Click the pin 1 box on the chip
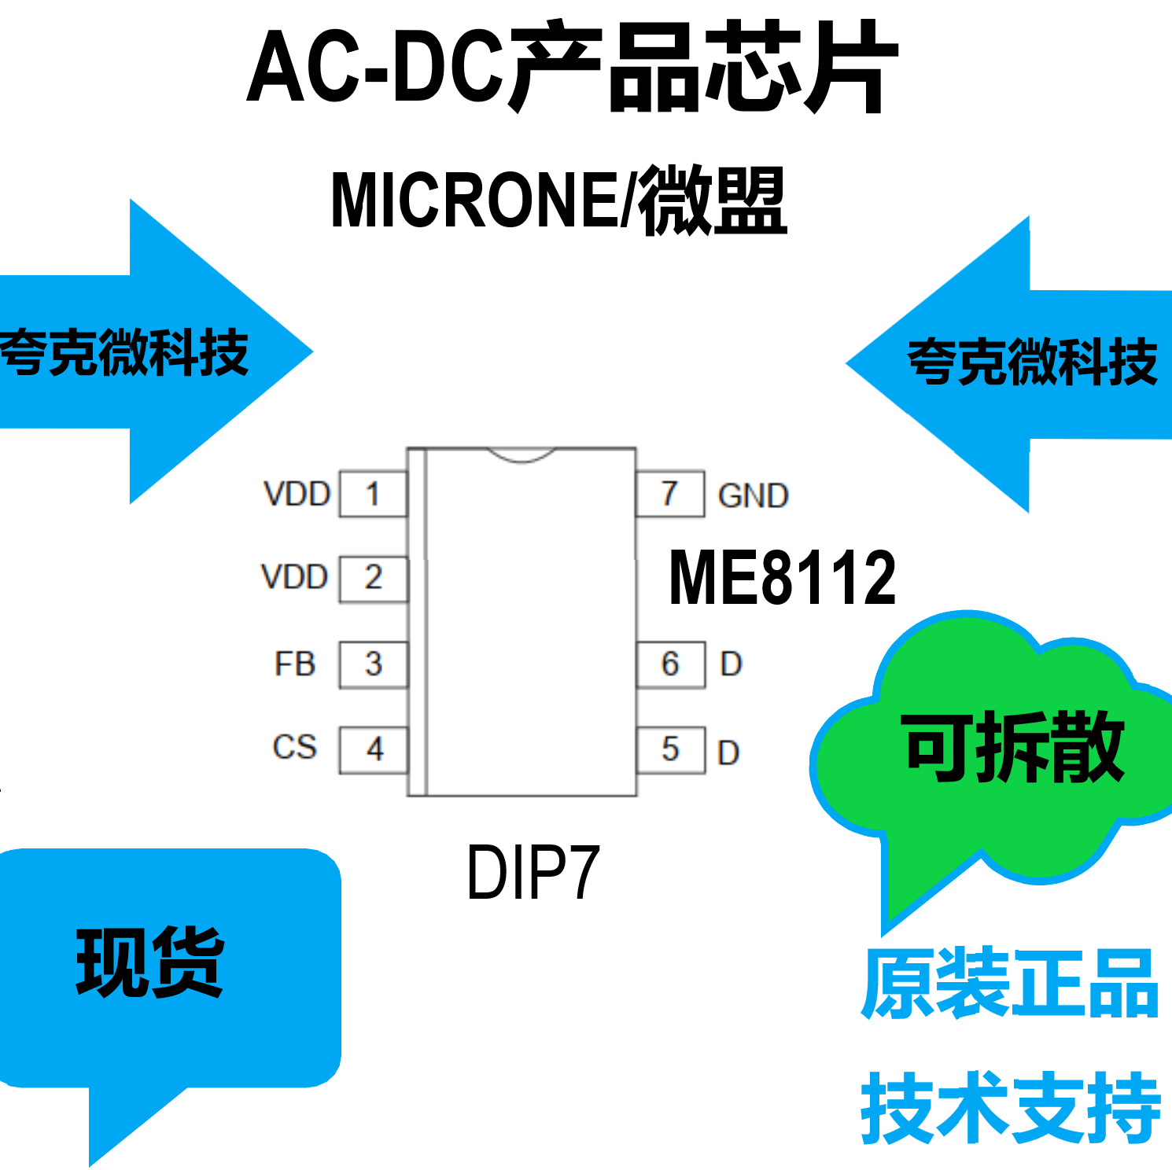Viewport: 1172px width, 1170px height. click(x=373, y=495)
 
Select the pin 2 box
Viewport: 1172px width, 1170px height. click(x=373, y=579)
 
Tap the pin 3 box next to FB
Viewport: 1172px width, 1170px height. click(x=373, y=664)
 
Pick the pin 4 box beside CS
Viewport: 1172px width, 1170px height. click(x=374, y=749)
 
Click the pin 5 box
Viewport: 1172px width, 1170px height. click(x=670, y=750)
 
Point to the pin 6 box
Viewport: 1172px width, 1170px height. click(x=670, y=664)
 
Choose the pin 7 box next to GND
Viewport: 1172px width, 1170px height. click(x=669, y=494)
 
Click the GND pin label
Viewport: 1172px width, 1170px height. click(x=753, y=496)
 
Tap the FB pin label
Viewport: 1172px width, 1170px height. click(x=295, y=664)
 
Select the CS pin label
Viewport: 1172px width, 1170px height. click(x=294, y=747)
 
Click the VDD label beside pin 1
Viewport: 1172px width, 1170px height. click(x=297, y=495)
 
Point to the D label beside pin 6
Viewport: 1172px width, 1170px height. click(x=731, y=664)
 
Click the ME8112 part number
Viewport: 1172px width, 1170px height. click(x=782, y=578)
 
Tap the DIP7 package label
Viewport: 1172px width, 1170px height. click(x=533, y=872)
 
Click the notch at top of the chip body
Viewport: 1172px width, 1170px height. click(x=521, y=454)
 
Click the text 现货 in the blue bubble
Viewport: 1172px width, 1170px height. click(x=149, y=962)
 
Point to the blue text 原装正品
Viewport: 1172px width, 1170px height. click(x=1010, y=983)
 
